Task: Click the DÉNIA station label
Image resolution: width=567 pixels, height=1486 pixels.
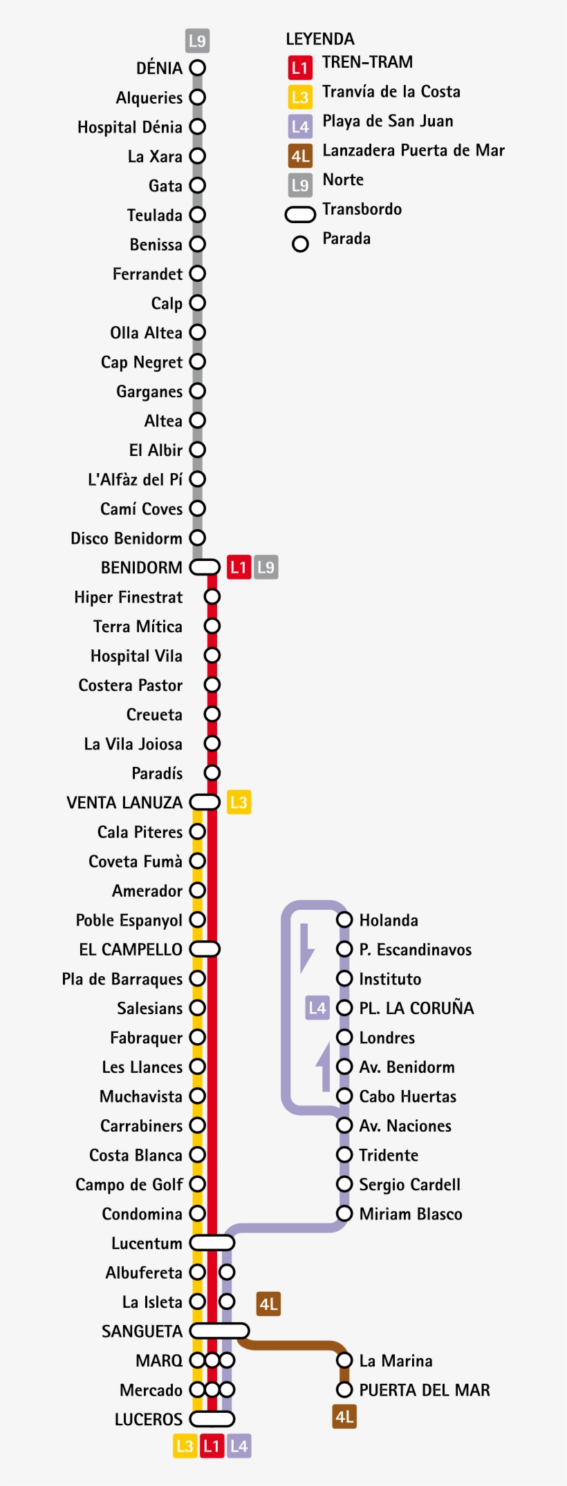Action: pyautogui.click(x=159, y=68)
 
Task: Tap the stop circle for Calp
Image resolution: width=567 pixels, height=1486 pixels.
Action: pyautogui.click(x=198, y=303)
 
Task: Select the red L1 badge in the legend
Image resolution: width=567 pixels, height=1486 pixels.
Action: pyautogui.click(x=299, y=68)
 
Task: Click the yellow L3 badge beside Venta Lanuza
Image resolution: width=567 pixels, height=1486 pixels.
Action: pyautogui.click(x=239, y=802)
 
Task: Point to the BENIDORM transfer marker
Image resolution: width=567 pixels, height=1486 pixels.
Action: pyautogui.click(x=205, y=567)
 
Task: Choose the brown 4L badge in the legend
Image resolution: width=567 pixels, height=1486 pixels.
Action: pyautogui.click(x=300, y=156)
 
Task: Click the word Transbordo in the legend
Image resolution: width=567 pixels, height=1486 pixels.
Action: pyautogui.click(x=362, y=209)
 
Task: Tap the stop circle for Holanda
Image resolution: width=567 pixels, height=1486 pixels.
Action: pyautogui.click(x=344, y=920)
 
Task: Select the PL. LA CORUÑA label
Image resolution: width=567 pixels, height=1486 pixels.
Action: pyautogui.click(x=416, y=1008)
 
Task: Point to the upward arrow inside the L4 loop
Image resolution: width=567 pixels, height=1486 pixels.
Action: pyautogui.click(x=324, y=1067)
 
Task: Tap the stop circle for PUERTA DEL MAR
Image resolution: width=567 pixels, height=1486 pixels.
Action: pyautogui.click(x=344, y=1389)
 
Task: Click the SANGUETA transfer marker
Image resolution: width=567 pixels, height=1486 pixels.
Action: pyautogui.click(x=219, y=1331)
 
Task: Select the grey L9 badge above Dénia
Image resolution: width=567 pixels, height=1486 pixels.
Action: pyautogui.click(x=198, y=41)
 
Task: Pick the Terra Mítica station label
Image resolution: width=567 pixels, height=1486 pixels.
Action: pyautogui.click(x=138, y=627)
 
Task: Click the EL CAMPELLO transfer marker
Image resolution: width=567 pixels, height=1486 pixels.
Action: pyautogui.click(x=205, y=949)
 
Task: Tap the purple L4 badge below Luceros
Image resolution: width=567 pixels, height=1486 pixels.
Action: pyautogui.click(x=239, y=1446)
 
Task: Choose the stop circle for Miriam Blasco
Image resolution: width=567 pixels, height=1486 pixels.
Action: pyautogui.click(x=344, y=1213)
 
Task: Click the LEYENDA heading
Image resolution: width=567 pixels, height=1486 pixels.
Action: pyautogui.click(x=320, y=39)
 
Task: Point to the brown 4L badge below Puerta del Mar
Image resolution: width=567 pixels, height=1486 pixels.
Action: pyautogui.click(x=344, y=1417)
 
